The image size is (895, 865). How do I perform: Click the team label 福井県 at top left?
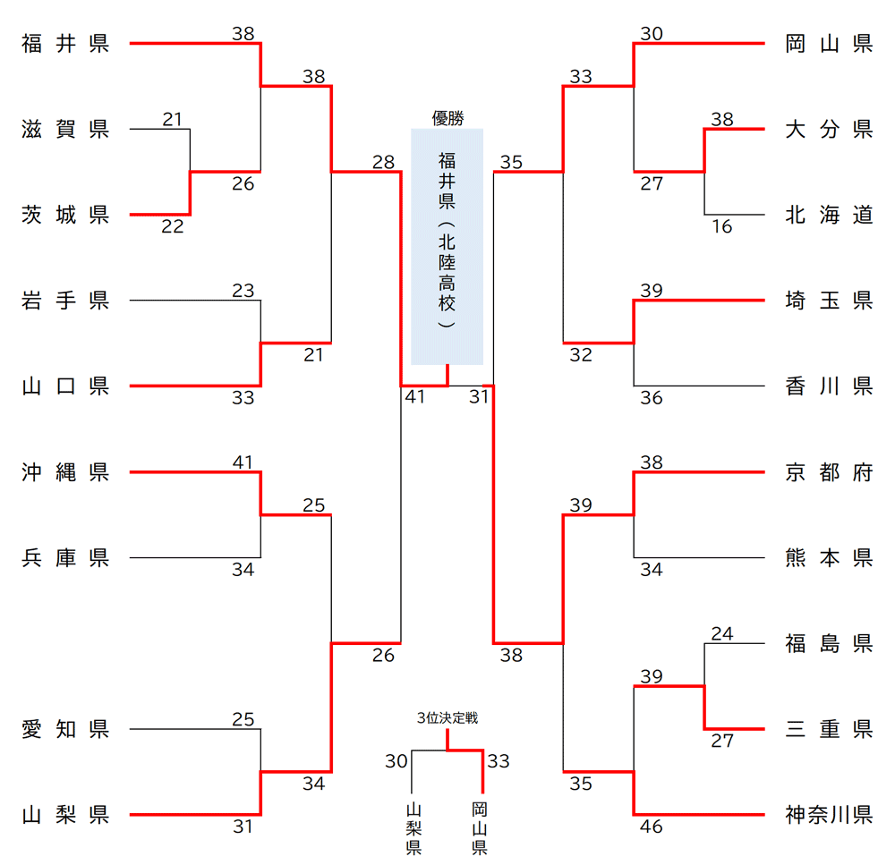(x=65, y=44)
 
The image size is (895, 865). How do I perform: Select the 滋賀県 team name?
(x=65, y=130)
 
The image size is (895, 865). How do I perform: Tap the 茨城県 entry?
(x=65, y=216)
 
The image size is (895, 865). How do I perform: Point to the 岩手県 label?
(x=65, y=301)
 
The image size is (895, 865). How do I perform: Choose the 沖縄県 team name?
(x=65, y=472)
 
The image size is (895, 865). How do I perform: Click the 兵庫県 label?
(x=65, y=558)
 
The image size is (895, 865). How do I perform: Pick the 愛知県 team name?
(x=65, y=730)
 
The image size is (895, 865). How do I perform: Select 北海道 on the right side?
(x=829, y=216)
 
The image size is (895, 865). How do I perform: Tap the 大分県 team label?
(x=829, y=130)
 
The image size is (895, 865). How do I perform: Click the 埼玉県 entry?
(x=829, y=301)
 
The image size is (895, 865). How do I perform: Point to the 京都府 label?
(x=829, y=472)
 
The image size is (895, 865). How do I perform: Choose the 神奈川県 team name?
(x=829, y=816)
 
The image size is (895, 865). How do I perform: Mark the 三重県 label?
(x=829, y=730)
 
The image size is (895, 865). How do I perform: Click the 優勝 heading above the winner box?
(x=447, y=117)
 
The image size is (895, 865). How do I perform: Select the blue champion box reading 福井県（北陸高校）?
(x=447, y=246)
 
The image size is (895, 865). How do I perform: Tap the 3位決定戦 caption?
(x=447, y=717)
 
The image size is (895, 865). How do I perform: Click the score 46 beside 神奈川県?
(x=652, y=827)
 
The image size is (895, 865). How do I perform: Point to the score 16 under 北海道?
(x=722, y=227)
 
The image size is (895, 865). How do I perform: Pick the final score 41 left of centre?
(x=414, y=395)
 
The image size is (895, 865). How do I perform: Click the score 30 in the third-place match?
(x=396, y=761)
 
